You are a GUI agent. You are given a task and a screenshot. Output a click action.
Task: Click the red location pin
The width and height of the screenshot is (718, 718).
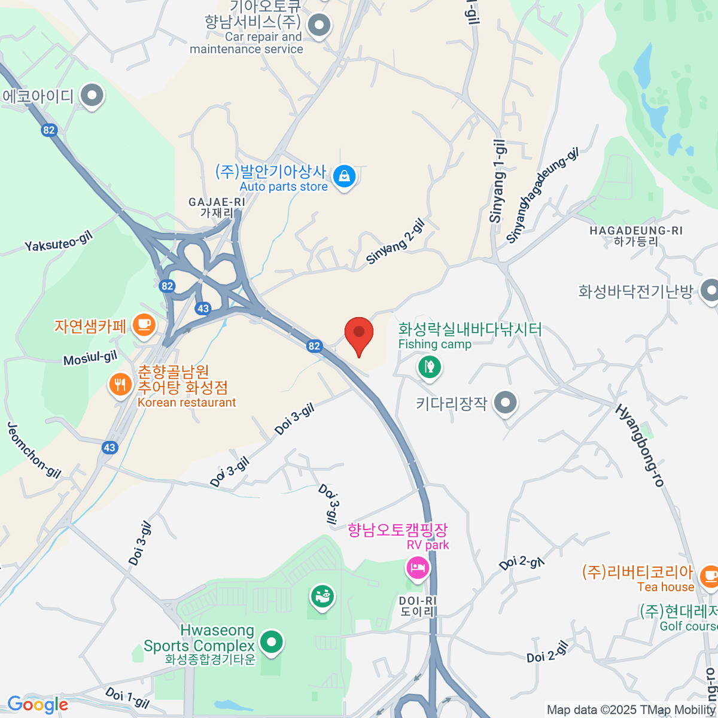click(359, 334)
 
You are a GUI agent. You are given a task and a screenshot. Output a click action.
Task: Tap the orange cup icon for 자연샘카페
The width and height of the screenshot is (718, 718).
click(143, 324)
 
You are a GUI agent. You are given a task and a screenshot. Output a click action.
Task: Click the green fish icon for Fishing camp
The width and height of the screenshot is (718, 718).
click(428, 366)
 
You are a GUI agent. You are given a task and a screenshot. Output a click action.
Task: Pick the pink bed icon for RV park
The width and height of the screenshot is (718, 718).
click(418, 567)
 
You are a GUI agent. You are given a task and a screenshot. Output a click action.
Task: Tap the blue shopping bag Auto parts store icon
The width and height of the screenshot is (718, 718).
click(345, 176)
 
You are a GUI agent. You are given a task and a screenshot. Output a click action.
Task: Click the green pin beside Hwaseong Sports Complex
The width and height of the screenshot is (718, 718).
click(273, 643)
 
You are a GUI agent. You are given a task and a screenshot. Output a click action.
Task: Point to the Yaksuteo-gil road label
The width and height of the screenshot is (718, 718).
click(59, 242)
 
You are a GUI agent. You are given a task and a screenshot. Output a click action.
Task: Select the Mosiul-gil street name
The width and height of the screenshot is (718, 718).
click(90, 358)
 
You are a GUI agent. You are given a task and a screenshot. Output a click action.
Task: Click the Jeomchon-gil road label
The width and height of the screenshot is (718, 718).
click(34, 450)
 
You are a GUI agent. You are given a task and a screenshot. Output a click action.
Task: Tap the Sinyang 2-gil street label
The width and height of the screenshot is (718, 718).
click(395, 242)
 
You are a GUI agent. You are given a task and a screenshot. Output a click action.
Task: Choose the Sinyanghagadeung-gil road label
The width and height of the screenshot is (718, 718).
click(542, 196)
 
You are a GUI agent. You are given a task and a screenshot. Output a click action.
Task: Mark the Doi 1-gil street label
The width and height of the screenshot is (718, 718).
click(127, 696)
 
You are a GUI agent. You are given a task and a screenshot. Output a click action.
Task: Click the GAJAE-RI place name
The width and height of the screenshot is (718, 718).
click(217, 203)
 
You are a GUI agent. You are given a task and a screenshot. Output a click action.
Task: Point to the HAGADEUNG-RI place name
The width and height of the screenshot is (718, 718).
click(636, 231)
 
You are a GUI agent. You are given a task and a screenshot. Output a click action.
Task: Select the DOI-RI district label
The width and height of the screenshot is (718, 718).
click(417, 601)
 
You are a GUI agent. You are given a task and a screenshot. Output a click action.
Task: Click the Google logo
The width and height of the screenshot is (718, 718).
click(38, 705)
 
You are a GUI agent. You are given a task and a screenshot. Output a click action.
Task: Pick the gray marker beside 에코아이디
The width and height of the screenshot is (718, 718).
click(92, 95)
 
